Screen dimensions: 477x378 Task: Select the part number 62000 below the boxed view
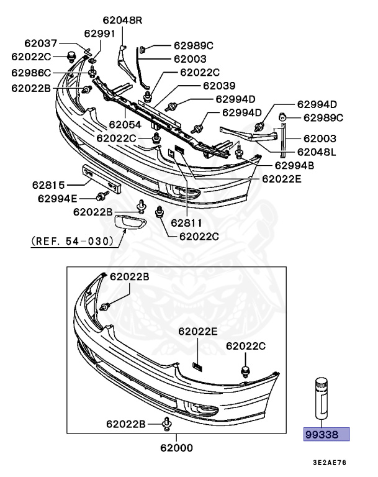coord(176,447)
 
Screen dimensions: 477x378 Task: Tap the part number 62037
coord(41,43)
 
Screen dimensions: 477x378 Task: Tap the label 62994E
coord(57,199)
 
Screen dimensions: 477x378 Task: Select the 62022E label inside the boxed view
coord(197,332)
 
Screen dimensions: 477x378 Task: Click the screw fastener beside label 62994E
coord(100,198)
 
